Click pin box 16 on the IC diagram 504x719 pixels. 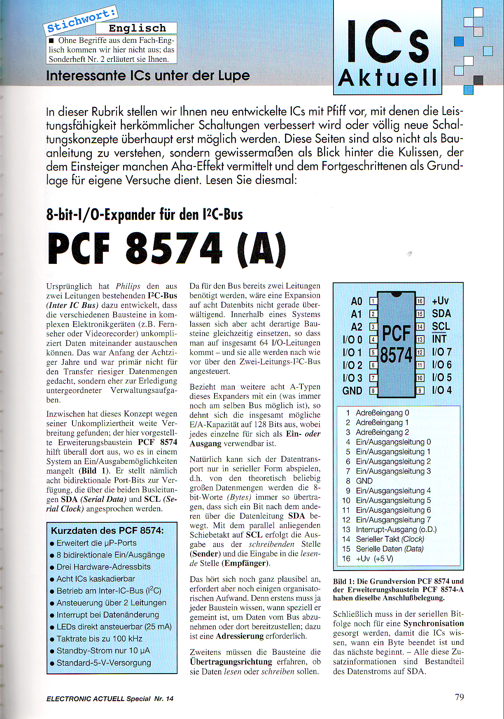(420, 301)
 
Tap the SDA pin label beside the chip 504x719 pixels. (441, 314)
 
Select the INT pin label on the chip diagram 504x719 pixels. (439, 339)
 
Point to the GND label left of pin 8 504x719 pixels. (352, 391)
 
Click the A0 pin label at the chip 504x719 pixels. (357, 301)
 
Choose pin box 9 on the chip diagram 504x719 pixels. (420, 390)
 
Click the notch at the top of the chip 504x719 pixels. (396, 294)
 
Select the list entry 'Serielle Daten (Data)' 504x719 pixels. (389, 549)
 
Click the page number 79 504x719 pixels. (459, 697)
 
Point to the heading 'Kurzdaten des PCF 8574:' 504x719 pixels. (107, 531)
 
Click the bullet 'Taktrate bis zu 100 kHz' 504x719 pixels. (99, 639)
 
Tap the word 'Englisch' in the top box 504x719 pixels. (137, 28)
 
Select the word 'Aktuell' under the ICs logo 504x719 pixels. (387, 78)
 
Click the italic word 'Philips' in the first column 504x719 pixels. (128, 286)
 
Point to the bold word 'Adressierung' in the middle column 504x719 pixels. (239, 636)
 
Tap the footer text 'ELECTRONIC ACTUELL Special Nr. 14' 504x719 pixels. (110, 699)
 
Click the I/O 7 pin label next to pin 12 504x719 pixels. (441, 352)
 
